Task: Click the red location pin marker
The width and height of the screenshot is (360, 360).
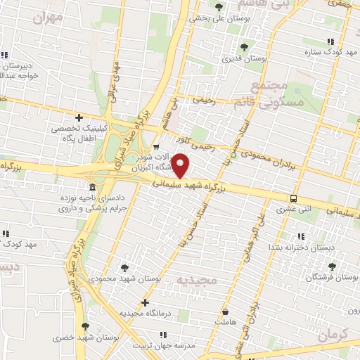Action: pyautogui.click(x=181, y=165)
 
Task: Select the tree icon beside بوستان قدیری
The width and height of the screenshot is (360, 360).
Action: pyautogui.click(x=244, y=46)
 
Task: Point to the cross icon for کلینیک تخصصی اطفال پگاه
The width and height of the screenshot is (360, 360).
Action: pyautogui.click(x=79, y=117)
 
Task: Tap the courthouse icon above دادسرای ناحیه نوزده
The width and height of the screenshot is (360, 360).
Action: pyautogui.click(x=92, y=187)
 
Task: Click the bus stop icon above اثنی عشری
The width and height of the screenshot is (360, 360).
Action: pyautogui.click(x=293, y=198)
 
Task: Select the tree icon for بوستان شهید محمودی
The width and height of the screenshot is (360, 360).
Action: pyautogui.click(x=124, y=267)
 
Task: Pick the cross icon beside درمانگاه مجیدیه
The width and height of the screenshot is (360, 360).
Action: pyautogui.click(x=146, y=303)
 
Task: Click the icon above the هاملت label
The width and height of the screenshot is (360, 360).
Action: pyautogui.click(x=225, y=311)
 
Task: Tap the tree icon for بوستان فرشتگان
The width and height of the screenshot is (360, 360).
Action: pyautogui.click(x=332, y=266)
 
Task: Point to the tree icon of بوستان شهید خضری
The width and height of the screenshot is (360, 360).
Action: pyautogui.click(x=85, y=326)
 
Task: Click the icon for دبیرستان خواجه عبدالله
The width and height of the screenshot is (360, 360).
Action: pyautogui.click(x=5, y=55)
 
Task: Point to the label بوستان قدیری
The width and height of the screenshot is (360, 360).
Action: pyautogui.click(x=245, y=59)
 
